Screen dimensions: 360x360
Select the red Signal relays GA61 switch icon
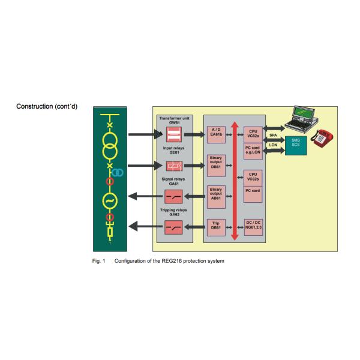173,196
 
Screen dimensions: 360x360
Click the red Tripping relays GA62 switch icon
173,227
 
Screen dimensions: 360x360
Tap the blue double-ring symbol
118,173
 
